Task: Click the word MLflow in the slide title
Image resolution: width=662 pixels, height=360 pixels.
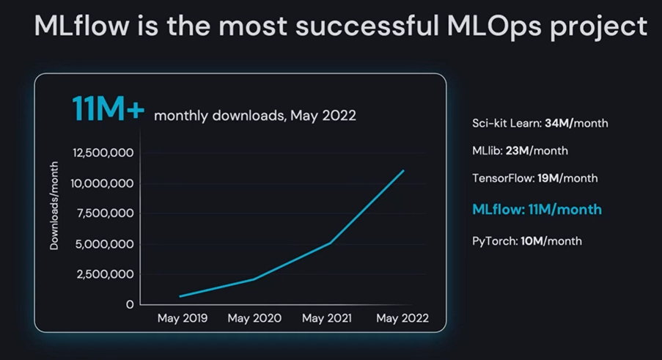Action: tap(81, 26)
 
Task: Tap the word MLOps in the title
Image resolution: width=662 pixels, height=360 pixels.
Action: tap(494, 26)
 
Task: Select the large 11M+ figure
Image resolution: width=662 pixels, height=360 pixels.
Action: tap(108, 109)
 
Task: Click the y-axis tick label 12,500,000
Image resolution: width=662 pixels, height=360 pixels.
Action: tap(103, 153)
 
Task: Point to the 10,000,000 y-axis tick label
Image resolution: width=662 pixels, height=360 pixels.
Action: tap(102, 183)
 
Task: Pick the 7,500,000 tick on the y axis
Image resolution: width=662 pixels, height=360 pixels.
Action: tap(105, 213)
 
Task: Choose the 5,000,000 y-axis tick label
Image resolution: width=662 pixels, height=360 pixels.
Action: tap(104, 244)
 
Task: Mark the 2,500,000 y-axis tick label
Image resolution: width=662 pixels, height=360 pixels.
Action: tap(105, 274)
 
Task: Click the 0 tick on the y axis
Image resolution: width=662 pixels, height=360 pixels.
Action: tap(130, 305)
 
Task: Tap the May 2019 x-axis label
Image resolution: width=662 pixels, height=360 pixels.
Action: tap(183, 318)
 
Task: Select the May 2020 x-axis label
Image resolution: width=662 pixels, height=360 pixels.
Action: tap(254, 318)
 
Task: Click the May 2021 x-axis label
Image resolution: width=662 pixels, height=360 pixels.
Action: tap(327, 318)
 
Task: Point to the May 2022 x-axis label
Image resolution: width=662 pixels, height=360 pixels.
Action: tap(402, 318)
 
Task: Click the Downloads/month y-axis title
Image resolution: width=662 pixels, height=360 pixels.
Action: tap(54, 205)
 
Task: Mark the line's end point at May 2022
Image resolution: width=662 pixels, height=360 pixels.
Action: tap(404, 171)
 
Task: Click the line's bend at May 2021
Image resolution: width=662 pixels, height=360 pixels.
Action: tap(330, 243)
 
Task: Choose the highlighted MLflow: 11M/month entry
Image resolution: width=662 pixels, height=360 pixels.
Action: tap(537, 210)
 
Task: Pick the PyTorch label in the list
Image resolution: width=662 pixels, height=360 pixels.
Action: tap(495, 241)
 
